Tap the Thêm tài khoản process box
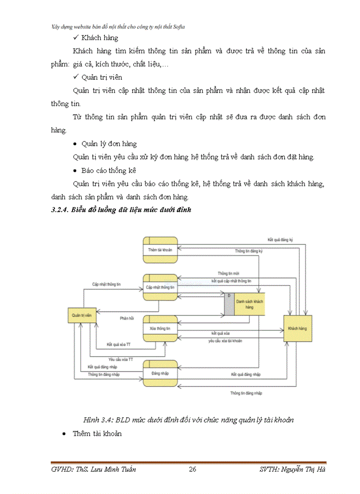(160, 250)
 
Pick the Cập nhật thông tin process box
(160, 287)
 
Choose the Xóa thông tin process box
(160, 328)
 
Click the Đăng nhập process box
(160, 372)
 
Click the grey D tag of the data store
(229, 304)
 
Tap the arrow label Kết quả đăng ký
(280, 240)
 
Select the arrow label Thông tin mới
(228, 273)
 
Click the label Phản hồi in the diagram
(127, 319)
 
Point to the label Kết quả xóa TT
(119, 344)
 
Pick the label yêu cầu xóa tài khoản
(225, 341)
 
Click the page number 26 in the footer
(193, 469)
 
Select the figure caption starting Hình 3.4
(190, 419)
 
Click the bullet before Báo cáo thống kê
(76, 170)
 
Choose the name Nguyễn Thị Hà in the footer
(308, 469)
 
